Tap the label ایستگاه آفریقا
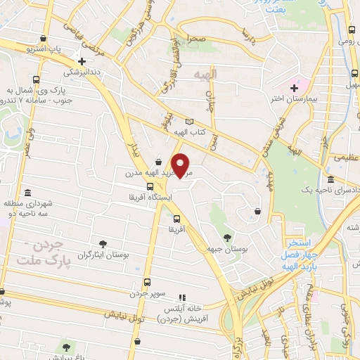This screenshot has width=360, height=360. pos(150,198)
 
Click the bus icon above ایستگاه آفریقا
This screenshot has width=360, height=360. pos(150,186)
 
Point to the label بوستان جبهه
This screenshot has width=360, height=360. pos(226,248)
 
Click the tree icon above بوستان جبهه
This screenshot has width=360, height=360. pos(226,237)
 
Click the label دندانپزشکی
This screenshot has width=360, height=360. pos(83,72)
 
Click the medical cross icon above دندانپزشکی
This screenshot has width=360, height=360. pos(83,61)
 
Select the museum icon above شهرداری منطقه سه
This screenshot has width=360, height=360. pos(27,193)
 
